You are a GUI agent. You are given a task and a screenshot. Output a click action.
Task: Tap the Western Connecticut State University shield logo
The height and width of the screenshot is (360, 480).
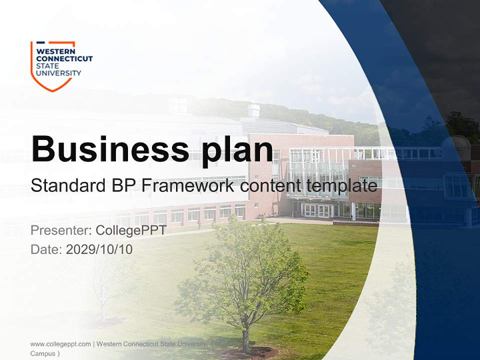pos(53,66)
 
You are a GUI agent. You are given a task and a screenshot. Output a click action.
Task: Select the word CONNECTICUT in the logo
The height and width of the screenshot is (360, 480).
pos(64,58)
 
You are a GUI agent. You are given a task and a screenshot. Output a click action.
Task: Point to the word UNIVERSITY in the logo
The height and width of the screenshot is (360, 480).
pos(58,73)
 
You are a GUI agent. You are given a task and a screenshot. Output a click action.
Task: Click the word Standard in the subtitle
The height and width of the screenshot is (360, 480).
pos(68,186)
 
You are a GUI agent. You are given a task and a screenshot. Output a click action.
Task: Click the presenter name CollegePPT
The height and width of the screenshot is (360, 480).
pos(131,230)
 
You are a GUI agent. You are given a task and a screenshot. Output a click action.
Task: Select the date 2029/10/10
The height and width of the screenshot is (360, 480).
pos(99,249)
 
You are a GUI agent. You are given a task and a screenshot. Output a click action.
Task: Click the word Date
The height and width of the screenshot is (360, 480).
pos(46,249)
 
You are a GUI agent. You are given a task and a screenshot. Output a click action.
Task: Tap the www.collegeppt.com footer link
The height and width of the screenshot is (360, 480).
pos(60,344)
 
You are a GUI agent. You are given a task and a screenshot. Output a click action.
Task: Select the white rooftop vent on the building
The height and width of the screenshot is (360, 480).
pos(253,110)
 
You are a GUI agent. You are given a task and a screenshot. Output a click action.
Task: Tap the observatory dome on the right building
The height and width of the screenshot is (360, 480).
pos(456,145)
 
